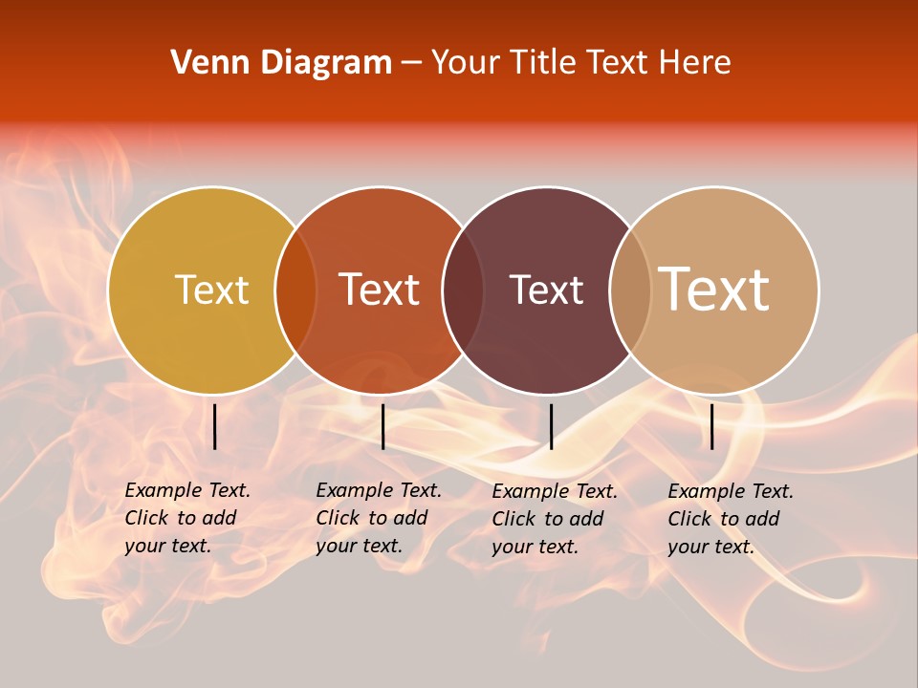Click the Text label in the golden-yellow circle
tap(211, 290)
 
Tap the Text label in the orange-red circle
tap(379, 290)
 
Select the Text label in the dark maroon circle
tap(546, 290)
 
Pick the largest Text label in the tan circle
tap(713, 289)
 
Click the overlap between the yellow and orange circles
tap(295, 290)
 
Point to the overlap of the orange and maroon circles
tap(463, 290)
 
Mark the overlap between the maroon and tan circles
tap(630, 290)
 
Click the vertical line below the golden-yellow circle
tap(215, 426)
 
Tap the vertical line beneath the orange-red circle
tap(382, 426)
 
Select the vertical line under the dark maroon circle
tap(551, 426)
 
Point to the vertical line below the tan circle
tap(712, 426)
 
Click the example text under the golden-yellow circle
tap(186, 519)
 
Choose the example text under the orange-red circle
tap(378, 519)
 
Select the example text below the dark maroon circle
tap(554, 519)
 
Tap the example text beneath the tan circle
tap(730, 519)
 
